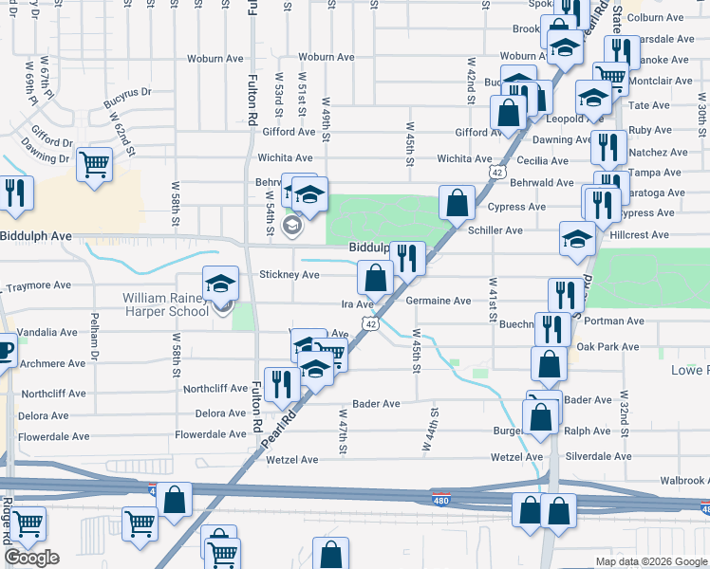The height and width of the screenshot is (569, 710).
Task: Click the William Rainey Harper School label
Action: pyautogui.click(x=163, y=304)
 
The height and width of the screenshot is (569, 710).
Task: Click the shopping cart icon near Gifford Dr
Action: pyautogui.click(x=94, y=164)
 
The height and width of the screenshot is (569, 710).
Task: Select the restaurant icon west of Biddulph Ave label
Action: pyautogui.click(x=14, y=193)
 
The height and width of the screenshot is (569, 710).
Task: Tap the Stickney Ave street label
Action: pyautogui.click(x=290, y=275)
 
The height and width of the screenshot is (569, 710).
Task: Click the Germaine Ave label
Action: pyautogui.click(x=438, y=301)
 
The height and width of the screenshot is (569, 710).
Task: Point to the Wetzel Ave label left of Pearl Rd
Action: pyautogui.click(x=291, y=460)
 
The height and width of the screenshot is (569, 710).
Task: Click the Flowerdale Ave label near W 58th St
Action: pyautogui.click(x=211, y=435)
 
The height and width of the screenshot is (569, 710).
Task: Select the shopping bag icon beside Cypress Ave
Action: pyautogui.click(x=458, y=202)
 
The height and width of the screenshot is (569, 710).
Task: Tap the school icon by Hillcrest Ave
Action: pyautogui.click(x=577, y=239)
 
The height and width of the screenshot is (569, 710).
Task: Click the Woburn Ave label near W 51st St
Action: pyautogui.click(x=326, y=57)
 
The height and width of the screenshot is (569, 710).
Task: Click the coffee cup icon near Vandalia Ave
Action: pyautogui.click(x=5, y=349)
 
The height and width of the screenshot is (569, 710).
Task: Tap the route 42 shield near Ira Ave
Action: pyautogui.click(x=369, y=324)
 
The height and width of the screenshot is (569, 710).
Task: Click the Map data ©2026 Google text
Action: pyautogui.click(x=652, y=561)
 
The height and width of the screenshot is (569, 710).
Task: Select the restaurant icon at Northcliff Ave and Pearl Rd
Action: pyautogui.click(x=281, y=384)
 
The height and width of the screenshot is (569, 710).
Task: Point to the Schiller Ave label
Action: pyautogui.click(x=495, y=230)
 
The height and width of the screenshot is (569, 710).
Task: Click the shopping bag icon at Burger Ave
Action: pyautogui.click(x=539, y=416)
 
